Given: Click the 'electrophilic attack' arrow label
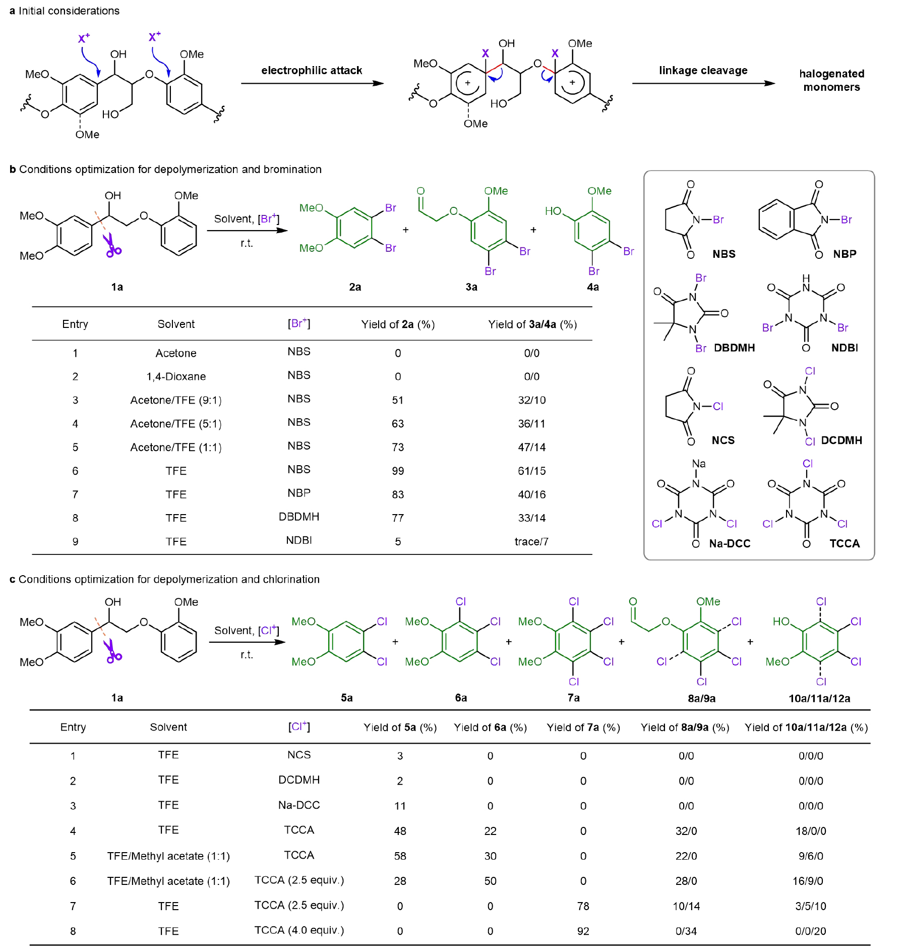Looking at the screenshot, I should pos(312,71).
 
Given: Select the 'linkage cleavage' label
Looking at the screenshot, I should pos(703,71).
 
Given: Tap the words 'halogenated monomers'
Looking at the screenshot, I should pos(831,81).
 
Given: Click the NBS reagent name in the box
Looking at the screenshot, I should pos(723,254).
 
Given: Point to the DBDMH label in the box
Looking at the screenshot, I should pos(734,348).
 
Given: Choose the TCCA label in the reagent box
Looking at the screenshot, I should pos(844,544).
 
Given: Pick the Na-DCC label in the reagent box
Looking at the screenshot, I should pos(730,544).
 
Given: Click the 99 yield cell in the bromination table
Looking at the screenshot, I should pos(398,471).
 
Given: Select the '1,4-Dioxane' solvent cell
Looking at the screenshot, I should pos(176,377).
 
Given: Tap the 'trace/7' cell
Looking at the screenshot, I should pos(531,542).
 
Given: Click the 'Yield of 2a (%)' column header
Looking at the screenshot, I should pos(398,324).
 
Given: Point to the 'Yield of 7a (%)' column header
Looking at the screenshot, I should pos(583,728).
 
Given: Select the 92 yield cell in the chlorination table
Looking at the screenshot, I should pos(583,931).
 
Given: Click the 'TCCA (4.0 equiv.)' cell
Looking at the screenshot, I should pos(299,930).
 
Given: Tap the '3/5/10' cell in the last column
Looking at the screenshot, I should pos(811,906).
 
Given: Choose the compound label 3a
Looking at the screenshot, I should pos(471,287).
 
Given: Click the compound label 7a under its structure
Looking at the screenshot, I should pos(574,698).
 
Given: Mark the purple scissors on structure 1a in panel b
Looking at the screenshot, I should pos(112,246).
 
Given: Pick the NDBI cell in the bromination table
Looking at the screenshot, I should pos(299,540).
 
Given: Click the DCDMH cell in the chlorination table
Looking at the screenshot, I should pos(299,780).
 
